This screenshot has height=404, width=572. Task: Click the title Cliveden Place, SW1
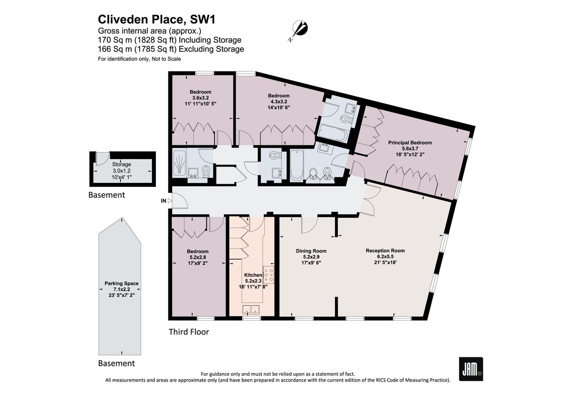153,20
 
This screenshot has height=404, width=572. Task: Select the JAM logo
471,368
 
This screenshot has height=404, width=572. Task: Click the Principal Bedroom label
409,142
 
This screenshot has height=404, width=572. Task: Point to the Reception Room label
385,251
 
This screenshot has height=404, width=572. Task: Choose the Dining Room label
311,251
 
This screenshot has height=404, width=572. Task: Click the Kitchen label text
253,275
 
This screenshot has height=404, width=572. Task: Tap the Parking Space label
122,283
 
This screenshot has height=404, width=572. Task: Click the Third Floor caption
189,332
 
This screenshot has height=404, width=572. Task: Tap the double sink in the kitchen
251,310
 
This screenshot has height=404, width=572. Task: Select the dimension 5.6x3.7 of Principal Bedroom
409,148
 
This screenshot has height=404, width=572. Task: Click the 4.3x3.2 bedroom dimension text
278,101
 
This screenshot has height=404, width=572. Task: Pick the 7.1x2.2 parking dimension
122,289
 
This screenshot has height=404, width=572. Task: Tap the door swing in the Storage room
101,159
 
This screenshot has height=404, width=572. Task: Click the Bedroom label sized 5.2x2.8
197,251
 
